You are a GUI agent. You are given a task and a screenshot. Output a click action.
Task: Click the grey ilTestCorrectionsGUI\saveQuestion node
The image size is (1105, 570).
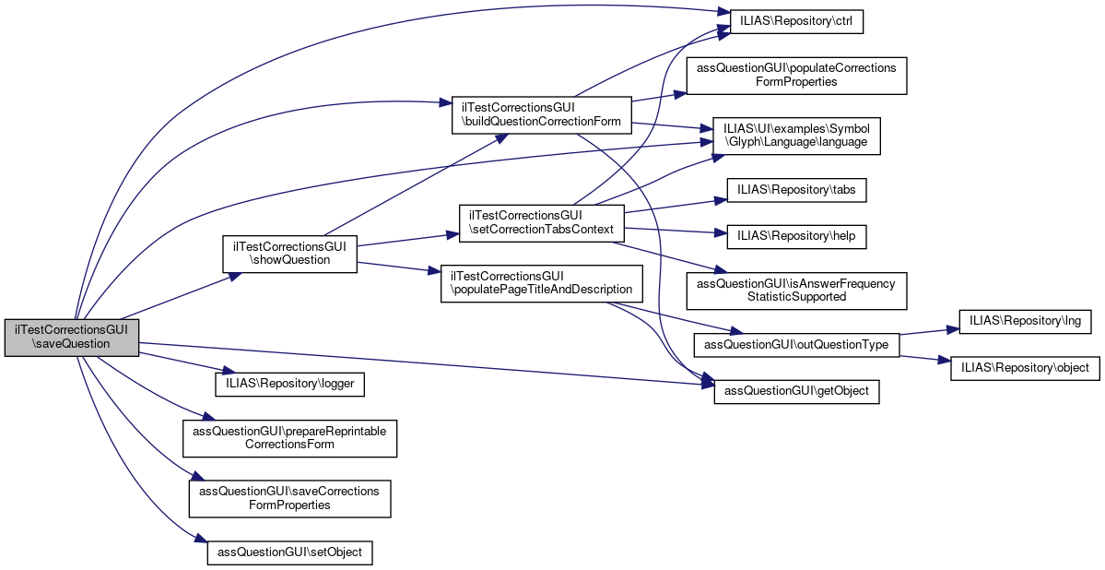[72, 338]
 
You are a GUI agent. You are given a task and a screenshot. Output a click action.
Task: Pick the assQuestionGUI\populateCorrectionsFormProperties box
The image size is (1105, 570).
[797, 75]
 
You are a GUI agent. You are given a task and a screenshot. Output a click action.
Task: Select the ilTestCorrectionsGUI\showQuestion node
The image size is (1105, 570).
[289, 254]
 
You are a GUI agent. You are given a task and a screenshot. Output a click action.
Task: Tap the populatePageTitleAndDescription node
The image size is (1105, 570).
[541, 283]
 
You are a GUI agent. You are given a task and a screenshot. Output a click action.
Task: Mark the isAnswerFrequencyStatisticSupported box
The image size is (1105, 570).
[797, 291]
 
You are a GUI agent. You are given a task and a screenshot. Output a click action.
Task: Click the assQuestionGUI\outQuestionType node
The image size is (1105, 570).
[796, 344]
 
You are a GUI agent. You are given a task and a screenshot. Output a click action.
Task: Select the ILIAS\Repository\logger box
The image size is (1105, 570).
[290, 383]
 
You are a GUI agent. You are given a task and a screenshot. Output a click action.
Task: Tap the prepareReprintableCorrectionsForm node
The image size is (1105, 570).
[289, 437]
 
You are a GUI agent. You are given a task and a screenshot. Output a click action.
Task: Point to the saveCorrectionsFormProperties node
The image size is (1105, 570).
[289, 498]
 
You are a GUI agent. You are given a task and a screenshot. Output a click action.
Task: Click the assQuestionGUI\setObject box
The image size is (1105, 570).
[290, 552]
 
